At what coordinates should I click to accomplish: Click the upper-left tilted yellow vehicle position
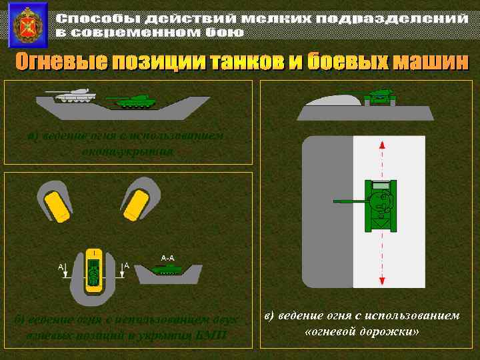tap(55, 204)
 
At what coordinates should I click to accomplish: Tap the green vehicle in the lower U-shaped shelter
tap(94, 271)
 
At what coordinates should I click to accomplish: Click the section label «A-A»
tap(167, 257)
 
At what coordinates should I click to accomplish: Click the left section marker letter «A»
tap(61, 266)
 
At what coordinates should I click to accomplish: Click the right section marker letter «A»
tap(126, 265)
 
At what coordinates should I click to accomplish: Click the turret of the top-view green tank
tap(381, 199)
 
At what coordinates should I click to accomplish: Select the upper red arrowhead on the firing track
tap(381, 145)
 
